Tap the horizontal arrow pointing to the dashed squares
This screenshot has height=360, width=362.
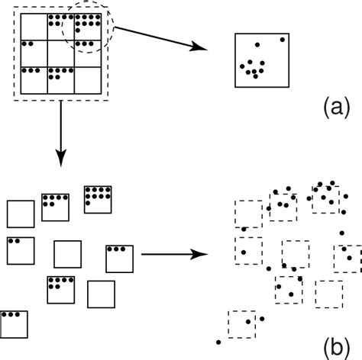click(x=175, y=254)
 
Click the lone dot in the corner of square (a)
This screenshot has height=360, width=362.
click(x=283, y=39)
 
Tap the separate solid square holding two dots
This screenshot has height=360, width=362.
click(x=20, y=249)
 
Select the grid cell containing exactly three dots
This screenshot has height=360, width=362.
click(x=34, y=79)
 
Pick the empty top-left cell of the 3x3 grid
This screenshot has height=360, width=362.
click(x=34, y=26)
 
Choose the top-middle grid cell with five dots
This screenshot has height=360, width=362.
click(x=62, y=26)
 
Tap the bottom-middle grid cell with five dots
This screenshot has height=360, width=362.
click(x=62, y=79)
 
